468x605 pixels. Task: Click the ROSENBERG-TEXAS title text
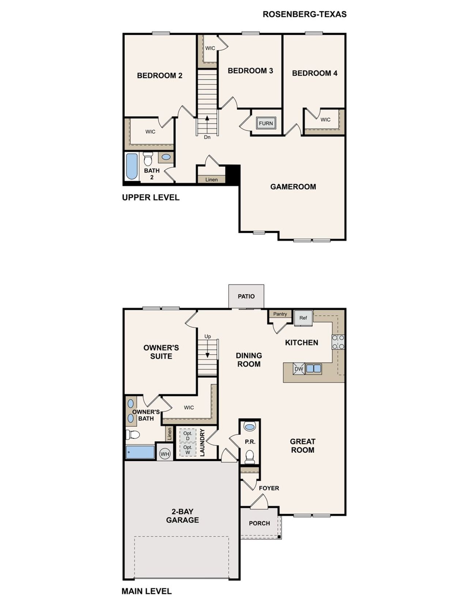point(305,14)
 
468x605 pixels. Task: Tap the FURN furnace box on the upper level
point(266,123)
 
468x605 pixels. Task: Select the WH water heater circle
point(165,454)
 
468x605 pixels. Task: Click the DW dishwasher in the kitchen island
point(299,369)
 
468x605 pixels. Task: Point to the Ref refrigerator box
point(303,318)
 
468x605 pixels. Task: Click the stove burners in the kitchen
point(338,342)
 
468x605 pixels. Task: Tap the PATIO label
point(246,296)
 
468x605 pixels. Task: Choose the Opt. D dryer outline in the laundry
point(188,435)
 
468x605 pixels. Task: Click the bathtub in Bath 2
point(132,166)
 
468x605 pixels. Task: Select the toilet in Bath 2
point(148,159)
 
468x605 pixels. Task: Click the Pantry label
point(280,314)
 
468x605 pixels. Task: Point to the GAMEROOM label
point(293,187)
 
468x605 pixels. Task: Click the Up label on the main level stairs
point(208,336)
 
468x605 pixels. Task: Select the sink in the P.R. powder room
point(250,426)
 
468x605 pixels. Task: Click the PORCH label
point(259,523)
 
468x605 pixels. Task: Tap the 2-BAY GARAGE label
point(182,515)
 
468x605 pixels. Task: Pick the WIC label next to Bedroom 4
point(325,119)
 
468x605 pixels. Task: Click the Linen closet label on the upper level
point(211,179)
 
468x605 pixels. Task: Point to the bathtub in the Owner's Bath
point(140,452)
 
